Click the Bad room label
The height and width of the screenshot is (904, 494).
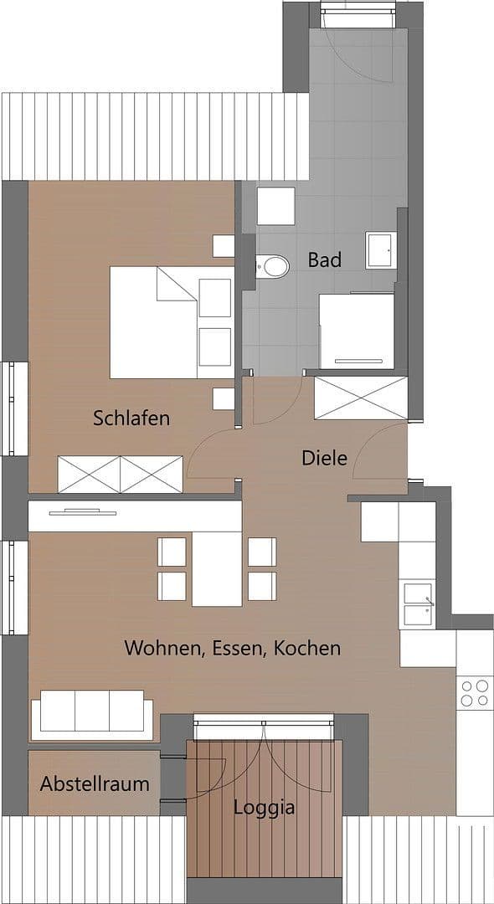coord(324,260)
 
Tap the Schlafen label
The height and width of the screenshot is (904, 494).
coord(131,418)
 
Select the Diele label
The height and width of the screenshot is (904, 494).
coord(324,458)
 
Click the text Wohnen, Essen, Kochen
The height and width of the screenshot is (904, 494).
coord(232,648)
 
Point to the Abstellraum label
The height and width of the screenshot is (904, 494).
coord(95,784)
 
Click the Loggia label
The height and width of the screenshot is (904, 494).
coord(264,809)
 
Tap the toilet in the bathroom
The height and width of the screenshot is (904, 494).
coord(271,267)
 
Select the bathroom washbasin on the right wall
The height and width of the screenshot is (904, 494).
coord(380,250)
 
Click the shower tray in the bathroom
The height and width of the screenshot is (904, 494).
coord(357,330)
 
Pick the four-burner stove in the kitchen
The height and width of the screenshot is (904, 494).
coord(474,692)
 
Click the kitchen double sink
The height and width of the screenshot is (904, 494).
coord(416,604)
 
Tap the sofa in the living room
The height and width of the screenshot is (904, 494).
coord(92,715)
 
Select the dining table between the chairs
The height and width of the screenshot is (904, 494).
coord(217,568)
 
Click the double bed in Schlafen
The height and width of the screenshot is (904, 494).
coord(172,322)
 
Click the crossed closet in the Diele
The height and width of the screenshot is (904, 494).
coord(360,398)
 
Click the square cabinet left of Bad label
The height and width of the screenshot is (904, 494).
coord(275,206)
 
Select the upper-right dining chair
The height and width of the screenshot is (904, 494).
coord(262,551)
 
